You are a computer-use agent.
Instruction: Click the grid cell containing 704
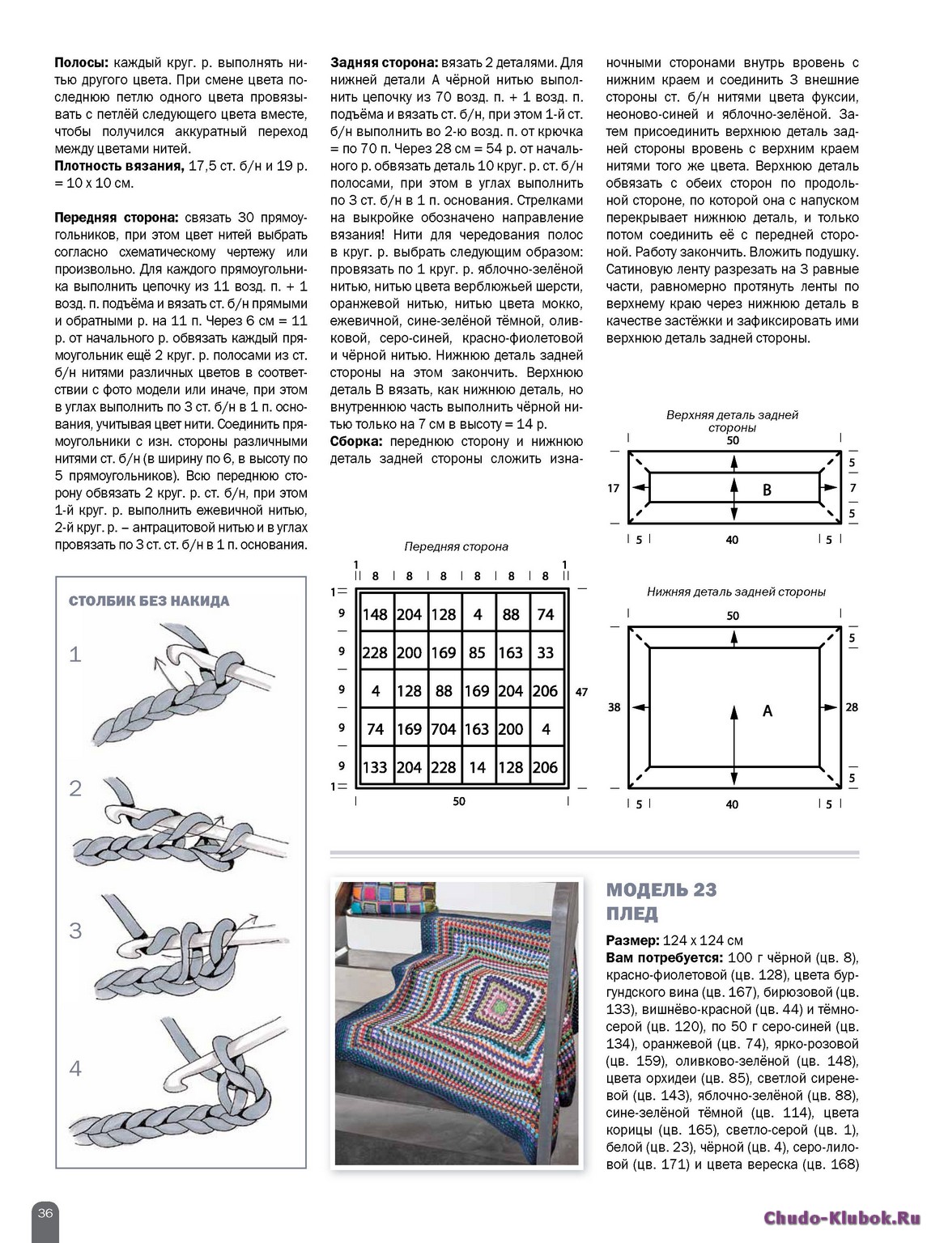444,729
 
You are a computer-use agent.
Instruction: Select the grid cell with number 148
375,615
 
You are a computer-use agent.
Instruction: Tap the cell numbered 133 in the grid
375,767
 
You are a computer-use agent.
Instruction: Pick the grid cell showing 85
478,652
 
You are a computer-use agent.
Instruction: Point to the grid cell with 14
478,767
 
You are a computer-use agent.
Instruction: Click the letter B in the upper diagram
768,490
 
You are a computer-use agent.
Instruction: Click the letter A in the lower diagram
768,711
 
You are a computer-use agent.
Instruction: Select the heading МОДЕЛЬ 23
661,891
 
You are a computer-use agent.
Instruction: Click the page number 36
45,1212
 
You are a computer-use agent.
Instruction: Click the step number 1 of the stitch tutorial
75,654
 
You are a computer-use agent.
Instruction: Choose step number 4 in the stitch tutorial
75,1069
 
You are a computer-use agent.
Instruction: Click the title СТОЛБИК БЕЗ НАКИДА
149,601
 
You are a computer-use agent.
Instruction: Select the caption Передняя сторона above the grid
456,546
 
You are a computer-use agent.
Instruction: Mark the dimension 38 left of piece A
614,707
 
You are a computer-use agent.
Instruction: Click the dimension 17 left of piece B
614,488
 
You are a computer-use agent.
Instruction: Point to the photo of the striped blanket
457,1024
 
